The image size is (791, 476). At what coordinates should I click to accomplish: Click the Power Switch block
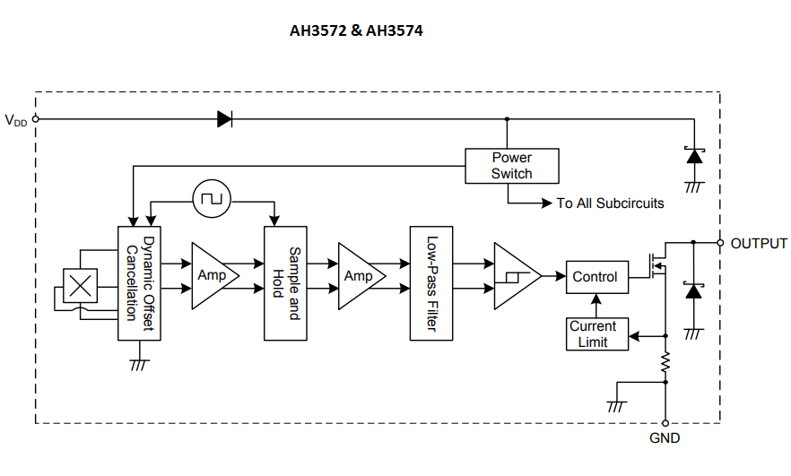pyautogui.click(x=511, y=166)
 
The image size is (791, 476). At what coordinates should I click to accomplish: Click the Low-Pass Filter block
pyautogui.click(x=430, y=283)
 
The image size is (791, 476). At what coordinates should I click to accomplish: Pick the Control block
pyautogui.click(x=595, y=277)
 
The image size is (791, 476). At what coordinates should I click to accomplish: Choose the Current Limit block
pyautogui.click(x=593, y=334)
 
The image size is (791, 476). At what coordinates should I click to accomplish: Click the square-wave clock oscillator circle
pyautogui.click(x=212, y=197)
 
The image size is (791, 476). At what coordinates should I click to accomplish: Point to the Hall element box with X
pyautogui.click(x=82, y=286)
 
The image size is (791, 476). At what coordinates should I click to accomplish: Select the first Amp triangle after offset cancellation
pyautogui.click(x=213, y=275)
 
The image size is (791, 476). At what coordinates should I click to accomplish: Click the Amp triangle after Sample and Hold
pyautogui.click(x=359, y=275)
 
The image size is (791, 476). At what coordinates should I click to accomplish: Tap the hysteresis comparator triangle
pyautogui.click(x=514, y=275)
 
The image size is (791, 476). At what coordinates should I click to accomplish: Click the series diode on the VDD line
pyautogui.click(x=225, y=119)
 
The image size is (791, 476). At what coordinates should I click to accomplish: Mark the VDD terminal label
pyautogui.click(x=15, y=120)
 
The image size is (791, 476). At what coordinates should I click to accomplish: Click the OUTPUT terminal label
pyautogui.click(x=758, y=243)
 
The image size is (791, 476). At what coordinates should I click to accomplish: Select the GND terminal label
pyautogui.click(x=665, y=438)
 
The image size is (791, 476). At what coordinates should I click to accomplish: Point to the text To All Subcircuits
pyautogui.click(x=610, y=203)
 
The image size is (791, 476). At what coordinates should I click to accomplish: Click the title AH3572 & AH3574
pyautogui.click(x=356, y=30)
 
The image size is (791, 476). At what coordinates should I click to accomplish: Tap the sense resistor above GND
pyautogui.click(x=665, y=361)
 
